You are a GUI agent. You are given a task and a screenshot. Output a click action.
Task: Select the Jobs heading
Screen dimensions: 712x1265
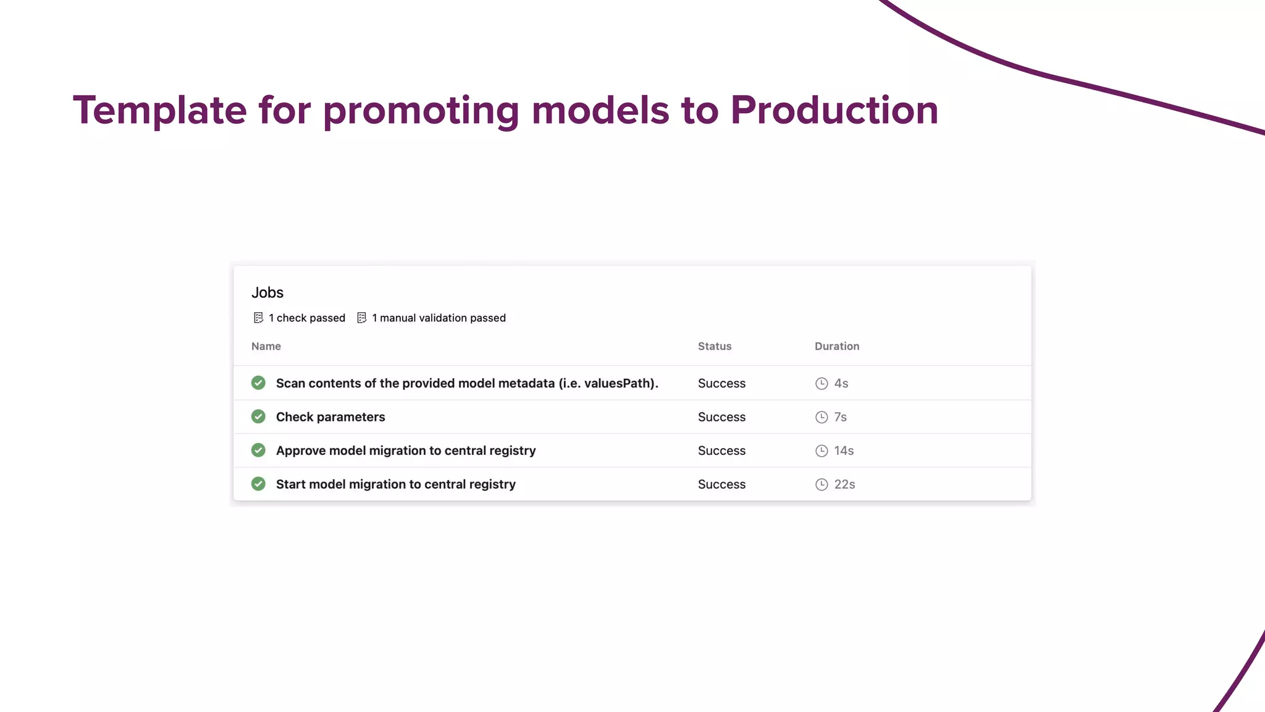(x=267, y=292)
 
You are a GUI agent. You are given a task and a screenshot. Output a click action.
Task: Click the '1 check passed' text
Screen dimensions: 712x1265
(x=307, y=318)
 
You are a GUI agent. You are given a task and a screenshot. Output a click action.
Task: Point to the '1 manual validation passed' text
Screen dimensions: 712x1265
(x=439, y=318)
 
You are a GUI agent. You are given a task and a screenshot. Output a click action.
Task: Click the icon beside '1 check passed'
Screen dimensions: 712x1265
(x=258, y=318)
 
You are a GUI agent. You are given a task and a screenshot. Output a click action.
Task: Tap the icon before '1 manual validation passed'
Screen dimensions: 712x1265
(x=362, y=318)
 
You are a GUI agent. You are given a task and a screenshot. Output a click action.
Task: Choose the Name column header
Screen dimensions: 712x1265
(x=266, y=346)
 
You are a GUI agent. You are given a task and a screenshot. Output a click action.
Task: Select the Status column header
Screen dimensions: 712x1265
(x=715, y=346)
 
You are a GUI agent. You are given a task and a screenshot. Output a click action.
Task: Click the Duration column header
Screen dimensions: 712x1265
(x=837, y=346)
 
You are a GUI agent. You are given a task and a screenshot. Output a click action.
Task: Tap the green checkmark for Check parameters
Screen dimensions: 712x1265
(x=258, y=417)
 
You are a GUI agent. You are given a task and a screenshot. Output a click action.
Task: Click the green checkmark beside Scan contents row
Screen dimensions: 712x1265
(x=258, y=383)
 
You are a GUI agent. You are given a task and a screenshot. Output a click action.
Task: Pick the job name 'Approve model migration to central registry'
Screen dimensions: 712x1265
(x=406, y=451)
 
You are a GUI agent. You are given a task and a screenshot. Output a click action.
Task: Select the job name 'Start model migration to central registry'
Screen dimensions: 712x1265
(x=396, y=484)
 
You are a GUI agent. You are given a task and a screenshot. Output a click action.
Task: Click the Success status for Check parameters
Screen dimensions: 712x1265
(x=721, y=417)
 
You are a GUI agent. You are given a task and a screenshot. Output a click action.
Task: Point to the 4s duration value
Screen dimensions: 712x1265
(x=841, y=383)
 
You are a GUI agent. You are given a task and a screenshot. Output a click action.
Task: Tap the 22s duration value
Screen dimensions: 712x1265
(x=844, y=485)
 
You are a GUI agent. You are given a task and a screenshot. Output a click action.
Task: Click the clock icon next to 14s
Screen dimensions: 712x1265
(x=822, y=451)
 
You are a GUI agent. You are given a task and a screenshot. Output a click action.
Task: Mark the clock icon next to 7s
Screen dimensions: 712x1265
(x=822, y=417)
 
